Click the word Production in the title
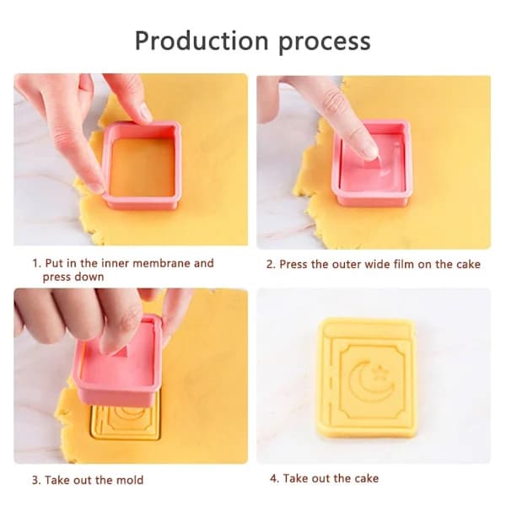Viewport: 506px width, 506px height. pyautogui.click(x=202, y=40)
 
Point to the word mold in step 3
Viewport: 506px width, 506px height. pyautogui.click(x=130, y=480)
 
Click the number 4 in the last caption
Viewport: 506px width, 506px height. pyautogui.click(x=273, y=478)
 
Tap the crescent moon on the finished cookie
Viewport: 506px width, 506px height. pyautogui.click(x=369, y=381)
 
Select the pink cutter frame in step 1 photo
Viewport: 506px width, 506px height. pyautogui.click(x=142, y=165)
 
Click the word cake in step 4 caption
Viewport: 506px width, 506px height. pyautogui.click(x=366, y=478)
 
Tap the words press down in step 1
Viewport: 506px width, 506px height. pyautogui.click(x=73, y=277)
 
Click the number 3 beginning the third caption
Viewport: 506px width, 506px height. pyautogui.click(x=35, y=480)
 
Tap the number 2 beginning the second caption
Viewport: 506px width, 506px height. pyautogui.click(x=270, y=264)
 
